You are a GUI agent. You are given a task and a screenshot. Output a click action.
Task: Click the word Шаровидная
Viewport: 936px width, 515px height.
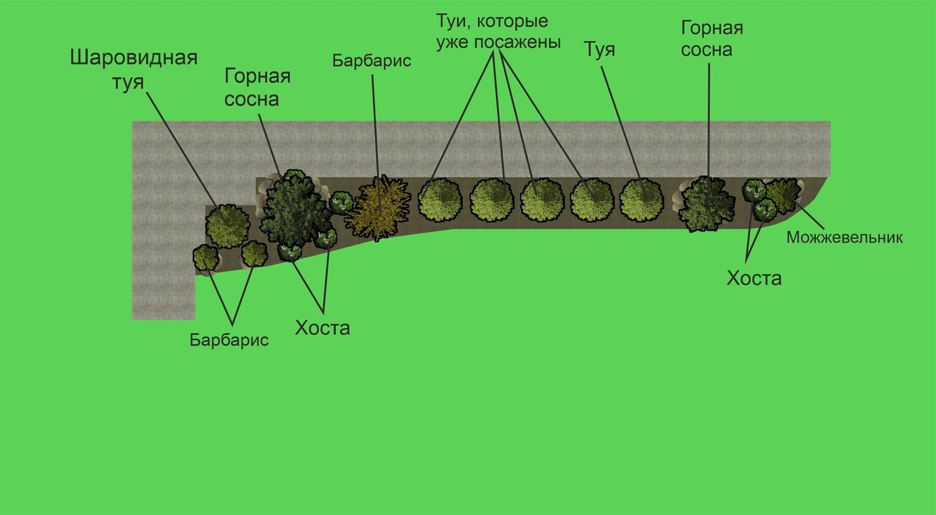pos(134,57)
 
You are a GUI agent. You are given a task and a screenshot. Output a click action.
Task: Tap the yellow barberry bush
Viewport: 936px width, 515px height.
pos(378,208)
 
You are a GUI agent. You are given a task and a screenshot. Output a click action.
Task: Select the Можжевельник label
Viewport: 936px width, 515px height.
pos(844,238)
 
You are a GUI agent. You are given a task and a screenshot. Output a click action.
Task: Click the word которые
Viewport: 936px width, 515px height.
pos(512,21)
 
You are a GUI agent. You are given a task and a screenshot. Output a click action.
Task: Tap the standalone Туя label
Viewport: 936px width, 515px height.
pos(599,49)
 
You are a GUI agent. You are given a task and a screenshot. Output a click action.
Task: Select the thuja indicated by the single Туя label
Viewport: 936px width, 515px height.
pos(641,200)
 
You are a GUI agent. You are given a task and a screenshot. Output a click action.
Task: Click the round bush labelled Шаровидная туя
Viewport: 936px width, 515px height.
pos(228,226)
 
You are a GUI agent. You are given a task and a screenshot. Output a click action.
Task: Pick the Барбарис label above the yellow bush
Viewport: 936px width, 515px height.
pos(371,61)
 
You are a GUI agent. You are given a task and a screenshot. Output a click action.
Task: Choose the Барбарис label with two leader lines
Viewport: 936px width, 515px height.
pos(229,340)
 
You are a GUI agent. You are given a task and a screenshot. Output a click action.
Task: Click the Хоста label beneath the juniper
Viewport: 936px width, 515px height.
pos(754,278)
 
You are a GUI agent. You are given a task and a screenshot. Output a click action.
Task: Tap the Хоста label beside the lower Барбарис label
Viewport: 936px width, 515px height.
pos(322,328)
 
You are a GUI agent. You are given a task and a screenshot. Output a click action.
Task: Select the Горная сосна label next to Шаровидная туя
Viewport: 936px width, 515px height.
pos(257,88)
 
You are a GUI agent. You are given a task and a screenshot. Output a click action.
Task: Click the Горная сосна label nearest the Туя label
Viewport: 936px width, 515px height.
pos(711,39)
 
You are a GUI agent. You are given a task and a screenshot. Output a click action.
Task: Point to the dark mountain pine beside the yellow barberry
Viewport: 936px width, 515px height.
pos(295,209)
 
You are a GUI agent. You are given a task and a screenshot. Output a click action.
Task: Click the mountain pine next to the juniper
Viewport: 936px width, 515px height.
pos(706,204)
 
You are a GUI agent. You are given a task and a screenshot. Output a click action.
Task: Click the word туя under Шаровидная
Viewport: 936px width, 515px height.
pos(128,82)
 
